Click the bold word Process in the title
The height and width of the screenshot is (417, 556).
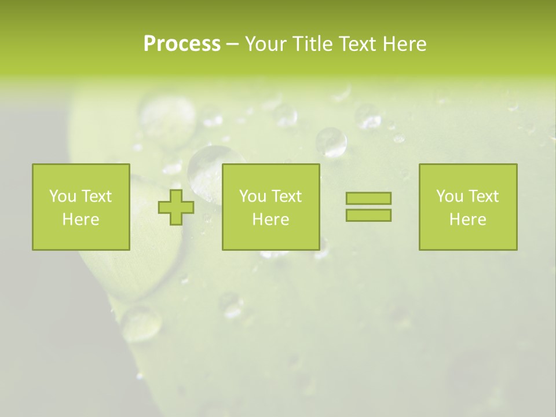(182, 44)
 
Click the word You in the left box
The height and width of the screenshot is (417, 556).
(63, 196)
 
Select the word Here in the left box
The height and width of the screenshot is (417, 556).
(81, 220)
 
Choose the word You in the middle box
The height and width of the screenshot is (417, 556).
(253, 196)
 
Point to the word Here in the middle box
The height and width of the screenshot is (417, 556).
(270, 220)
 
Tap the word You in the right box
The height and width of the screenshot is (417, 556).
(449, 196)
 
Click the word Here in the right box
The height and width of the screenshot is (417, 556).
(467, 220)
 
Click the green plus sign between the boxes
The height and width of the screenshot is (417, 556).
(176, 207)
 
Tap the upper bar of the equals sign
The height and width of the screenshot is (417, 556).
(368, 198)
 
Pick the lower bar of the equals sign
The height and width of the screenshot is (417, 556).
(368, 215)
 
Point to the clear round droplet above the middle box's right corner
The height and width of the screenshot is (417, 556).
(331, 142)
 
